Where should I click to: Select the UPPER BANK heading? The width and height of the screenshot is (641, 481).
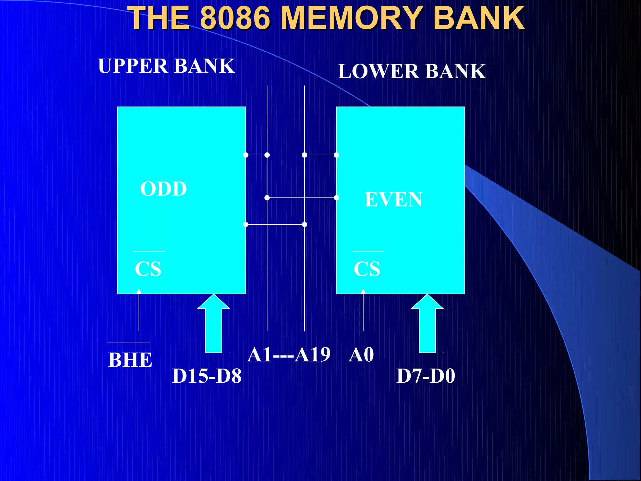point(166,66)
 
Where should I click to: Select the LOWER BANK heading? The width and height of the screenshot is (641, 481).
point(412,71)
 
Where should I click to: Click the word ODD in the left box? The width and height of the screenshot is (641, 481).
point(163,189)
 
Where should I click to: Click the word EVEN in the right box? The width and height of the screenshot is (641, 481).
point(393,199)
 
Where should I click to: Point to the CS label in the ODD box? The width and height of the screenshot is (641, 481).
point(148,269)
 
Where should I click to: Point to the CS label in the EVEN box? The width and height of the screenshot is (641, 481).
point(367,269)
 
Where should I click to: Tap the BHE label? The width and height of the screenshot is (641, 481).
point(130,360)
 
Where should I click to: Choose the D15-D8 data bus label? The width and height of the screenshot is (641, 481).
point(207,376)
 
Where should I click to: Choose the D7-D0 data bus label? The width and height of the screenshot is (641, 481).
point(426,376)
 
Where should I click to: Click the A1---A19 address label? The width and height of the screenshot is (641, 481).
point(289,355)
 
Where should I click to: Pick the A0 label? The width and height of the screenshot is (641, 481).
point(361,355)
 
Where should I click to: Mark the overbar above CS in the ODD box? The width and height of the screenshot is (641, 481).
point(149,251)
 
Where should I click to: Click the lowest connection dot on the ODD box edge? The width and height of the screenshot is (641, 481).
point(246,225)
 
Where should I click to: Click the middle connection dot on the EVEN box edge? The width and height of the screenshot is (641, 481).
point(336,198)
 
